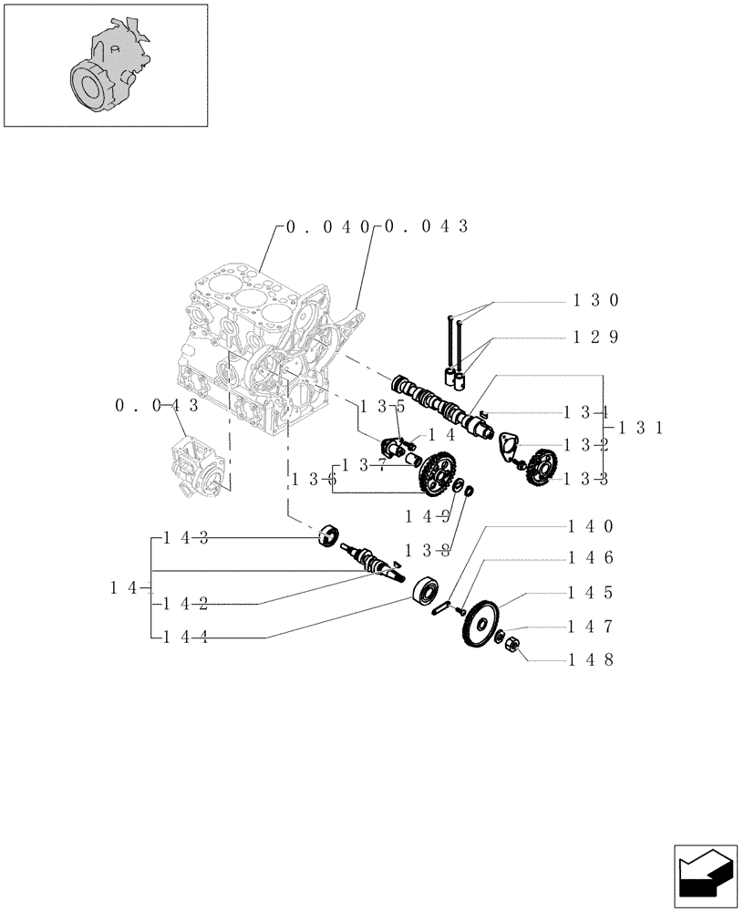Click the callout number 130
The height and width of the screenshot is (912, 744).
click(x=596, y=299)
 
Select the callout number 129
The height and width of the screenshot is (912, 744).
click(x=596, y=337)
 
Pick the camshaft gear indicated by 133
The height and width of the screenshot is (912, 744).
click(x=542, y=465)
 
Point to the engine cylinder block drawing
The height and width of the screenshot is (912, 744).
click(x=246, y=347)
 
